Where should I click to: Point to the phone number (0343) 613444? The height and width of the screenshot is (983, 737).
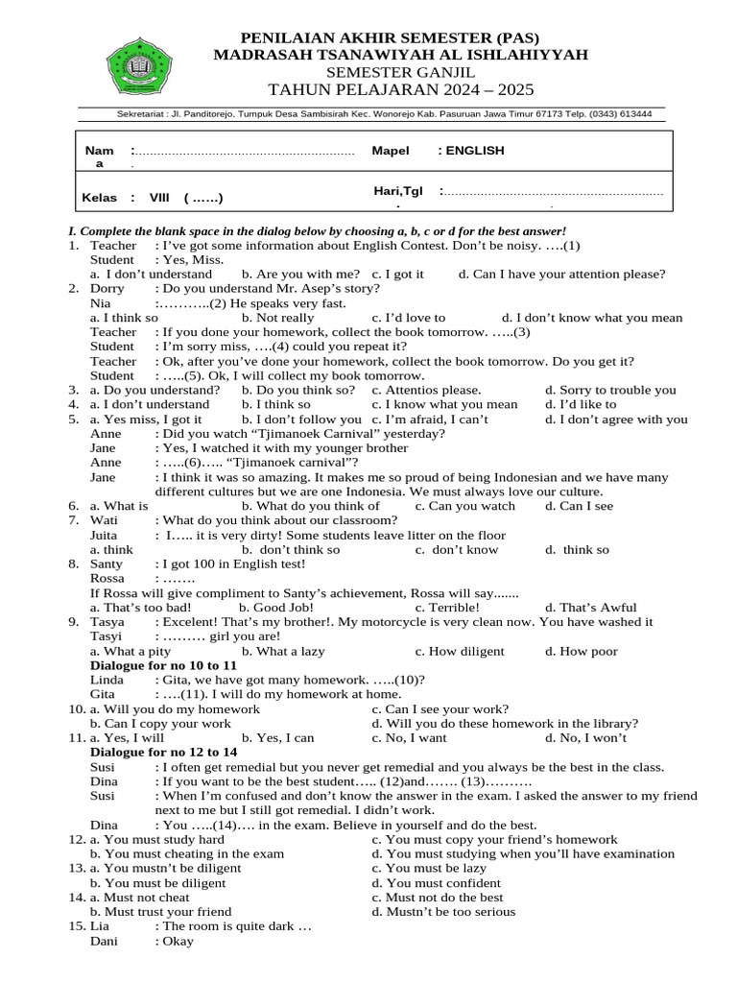619,113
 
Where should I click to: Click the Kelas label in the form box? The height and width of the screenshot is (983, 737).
99,199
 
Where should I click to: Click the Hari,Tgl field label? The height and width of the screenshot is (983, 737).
397,192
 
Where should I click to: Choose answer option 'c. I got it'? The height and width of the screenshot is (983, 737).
397,274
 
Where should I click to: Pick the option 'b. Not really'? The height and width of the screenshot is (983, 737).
277,318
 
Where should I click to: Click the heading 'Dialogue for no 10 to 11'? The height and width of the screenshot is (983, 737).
163,665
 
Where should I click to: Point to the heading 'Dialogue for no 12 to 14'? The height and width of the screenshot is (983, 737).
163,753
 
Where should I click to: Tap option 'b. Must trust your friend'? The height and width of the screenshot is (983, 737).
160,911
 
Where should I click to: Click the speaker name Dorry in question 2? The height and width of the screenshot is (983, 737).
107,288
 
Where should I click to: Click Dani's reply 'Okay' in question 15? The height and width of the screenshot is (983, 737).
178,941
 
